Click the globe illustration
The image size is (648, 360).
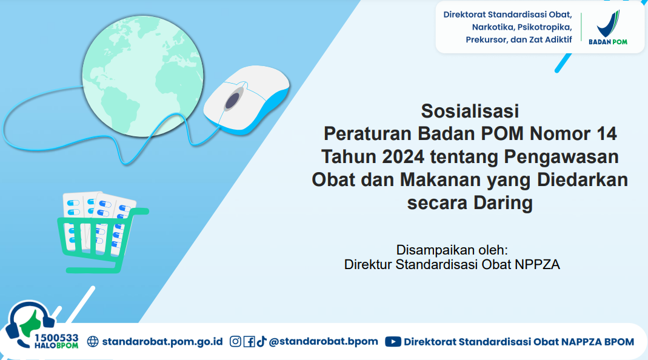click(x=143, y=76)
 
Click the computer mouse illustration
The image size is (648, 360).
click(x=246, y=100)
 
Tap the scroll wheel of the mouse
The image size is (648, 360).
click(x=233, y=100)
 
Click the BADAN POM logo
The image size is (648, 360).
click(x=608, y=27)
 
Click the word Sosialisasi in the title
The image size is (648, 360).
click(x=470, y=111)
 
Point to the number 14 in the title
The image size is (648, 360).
click(x=606, y=133)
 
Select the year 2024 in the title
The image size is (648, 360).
click(x=403, y=156)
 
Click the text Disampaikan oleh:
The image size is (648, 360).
click(x=452, y=250)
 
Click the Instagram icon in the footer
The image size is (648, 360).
click(x=235, y=341)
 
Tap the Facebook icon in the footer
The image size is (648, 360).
click(x=249, y=341)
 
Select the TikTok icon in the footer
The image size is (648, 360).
click(x=262, y=341)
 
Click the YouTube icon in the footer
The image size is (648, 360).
click(x=393, y=341)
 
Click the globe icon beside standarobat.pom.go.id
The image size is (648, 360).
click(x=93, y=341)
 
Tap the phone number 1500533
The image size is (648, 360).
click(x=56, y=338)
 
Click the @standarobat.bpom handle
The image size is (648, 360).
click(x=323, y=341)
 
